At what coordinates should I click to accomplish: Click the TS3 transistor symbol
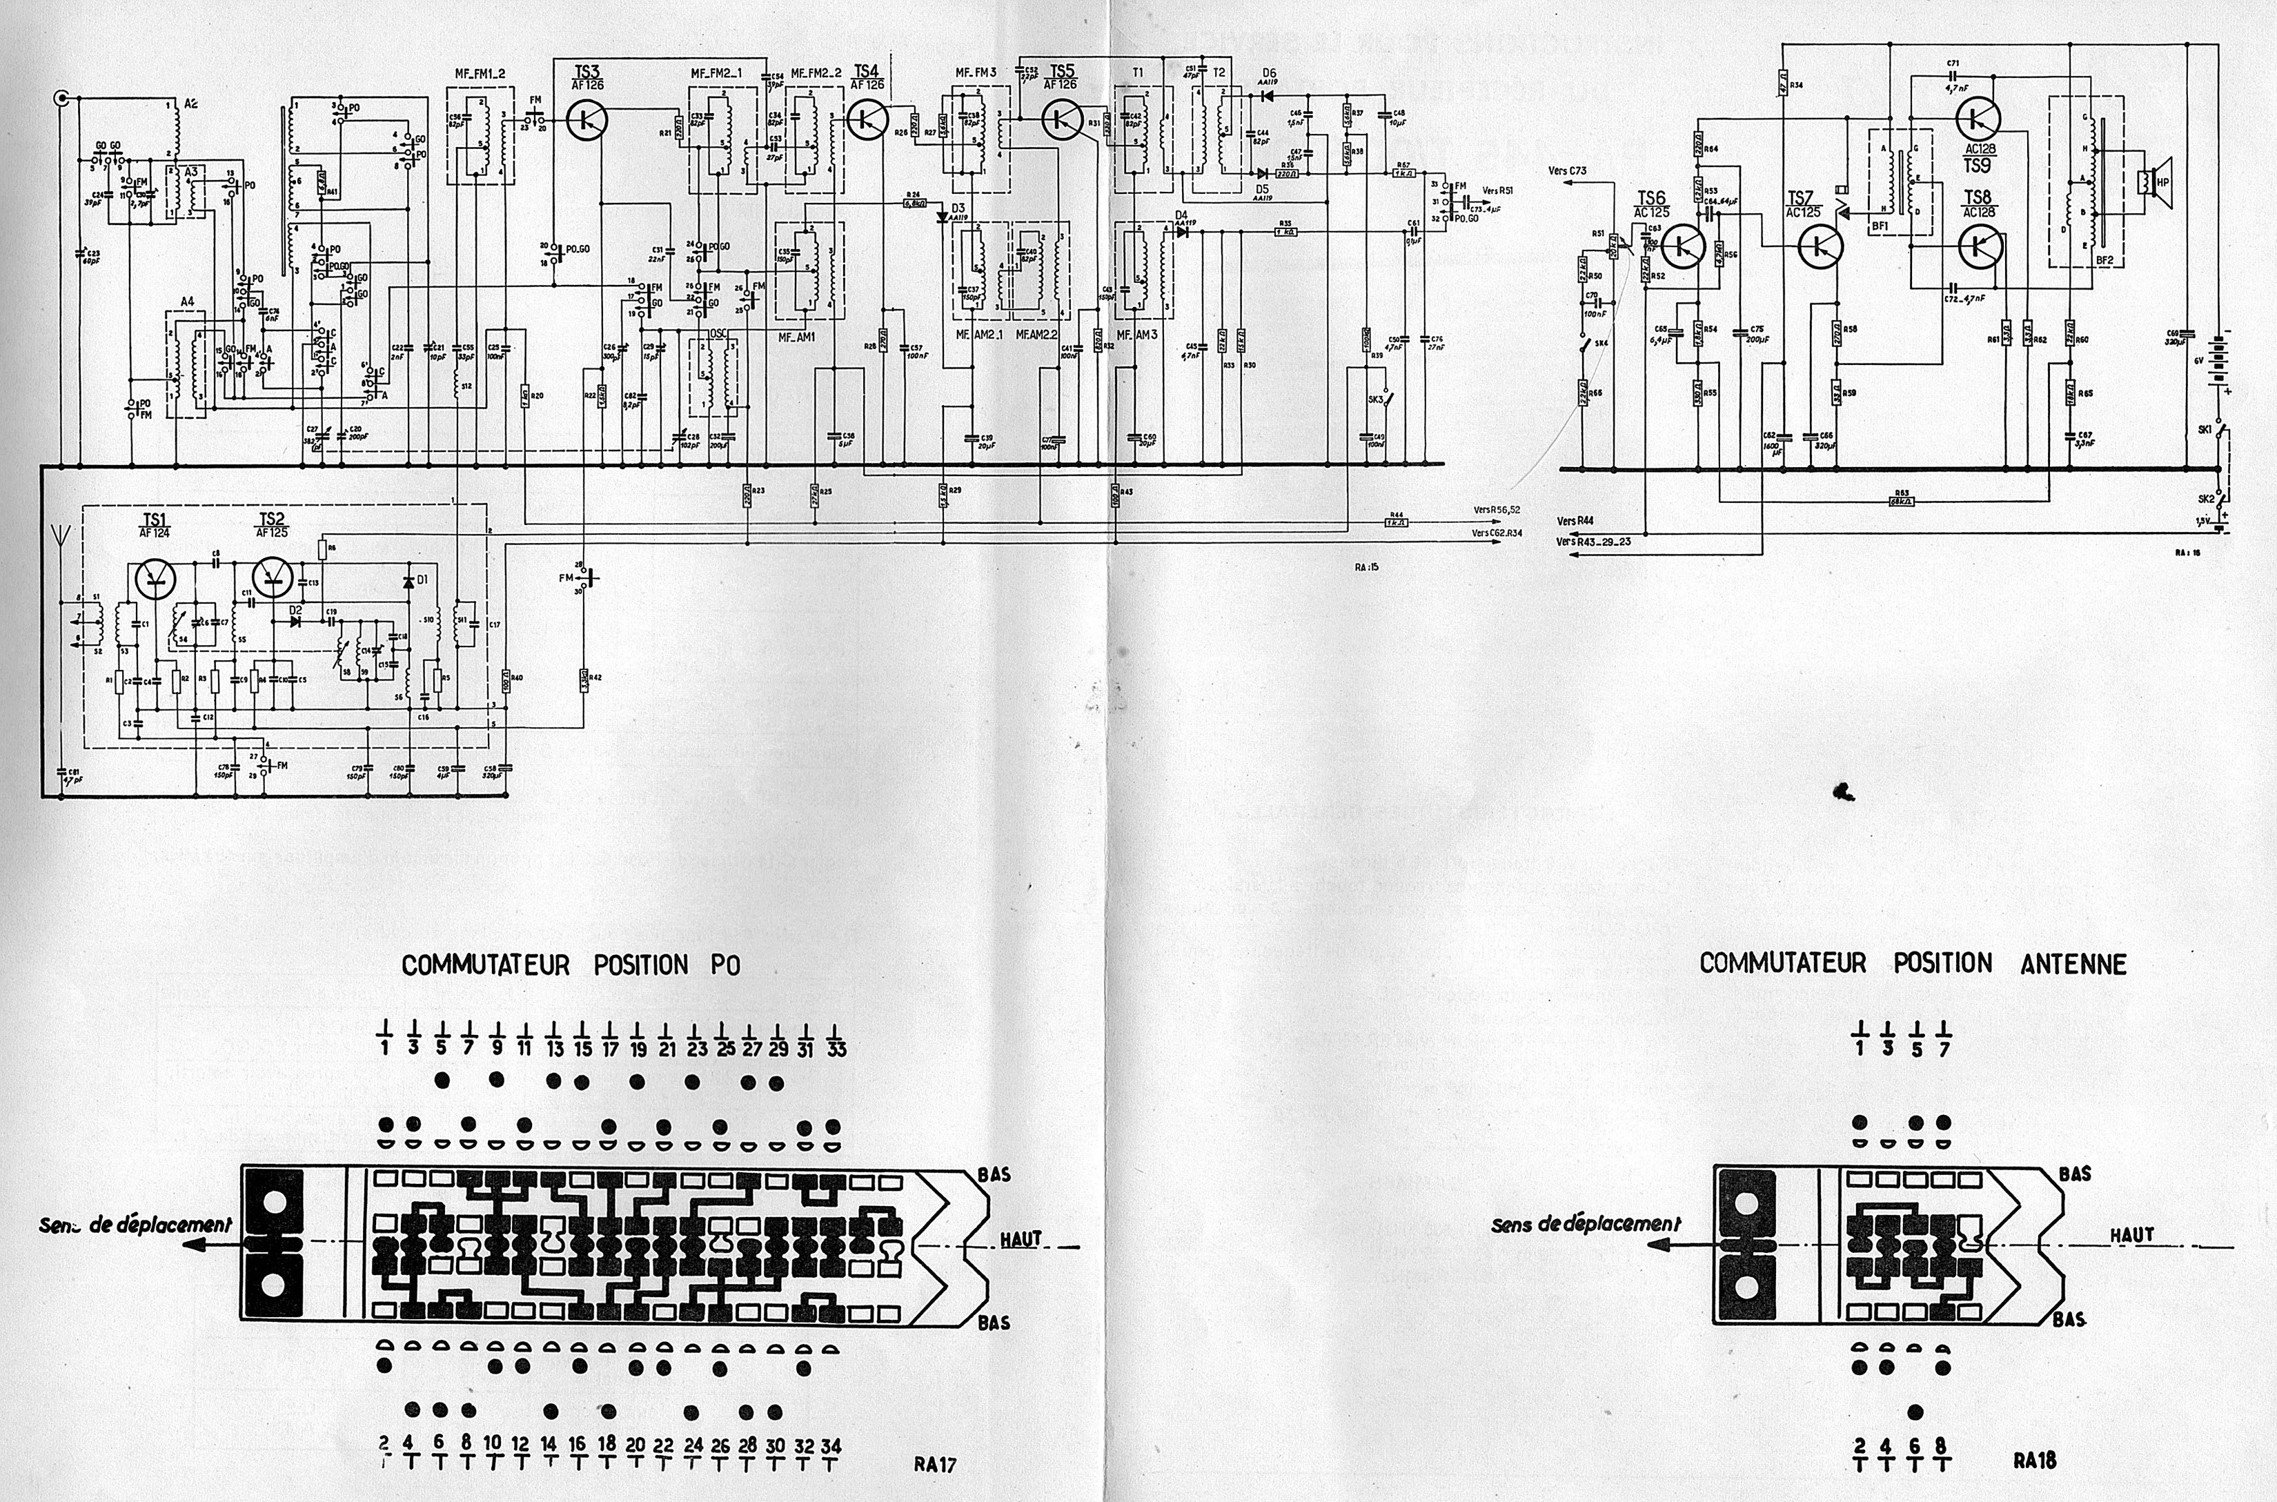(585, 120)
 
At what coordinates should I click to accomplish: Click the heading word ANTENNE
(2073, 964)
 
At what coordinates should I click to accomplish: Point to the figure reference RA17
(935, 1463)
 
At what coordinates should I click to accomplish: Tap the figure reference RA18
(2033, 1461)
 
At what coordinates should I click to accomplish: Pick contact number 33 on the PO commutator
(836, 1049)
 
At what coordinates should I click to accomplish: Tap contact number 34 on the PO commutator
(831, 1446)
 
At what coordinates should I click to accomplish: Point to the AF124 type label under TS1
(155, 533)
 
